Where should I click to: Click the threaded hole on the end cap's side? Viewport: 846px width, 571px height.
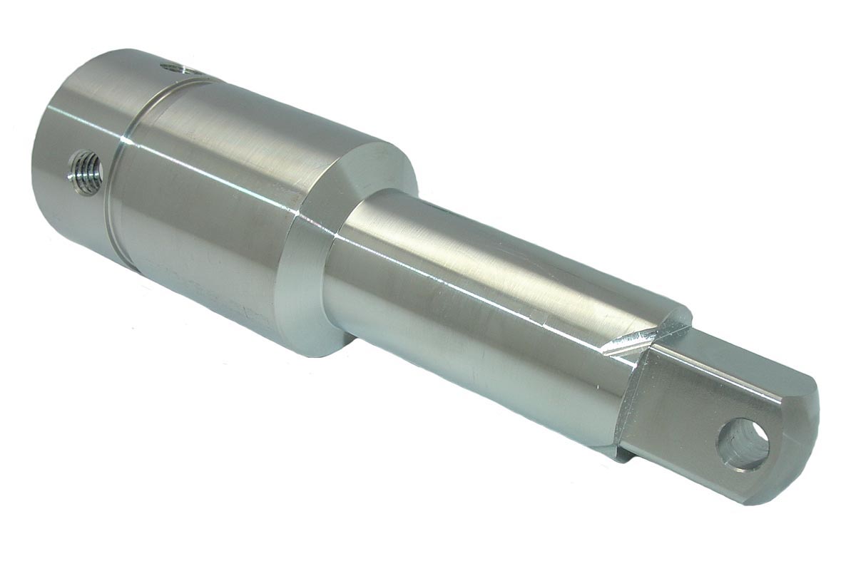[x=85, y=172]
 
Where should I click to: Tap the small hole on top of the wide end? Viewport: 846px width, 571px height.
[x=173, y=68]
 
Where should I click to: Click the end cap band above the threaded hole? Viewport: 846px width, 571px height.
[x=78, y=107]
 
